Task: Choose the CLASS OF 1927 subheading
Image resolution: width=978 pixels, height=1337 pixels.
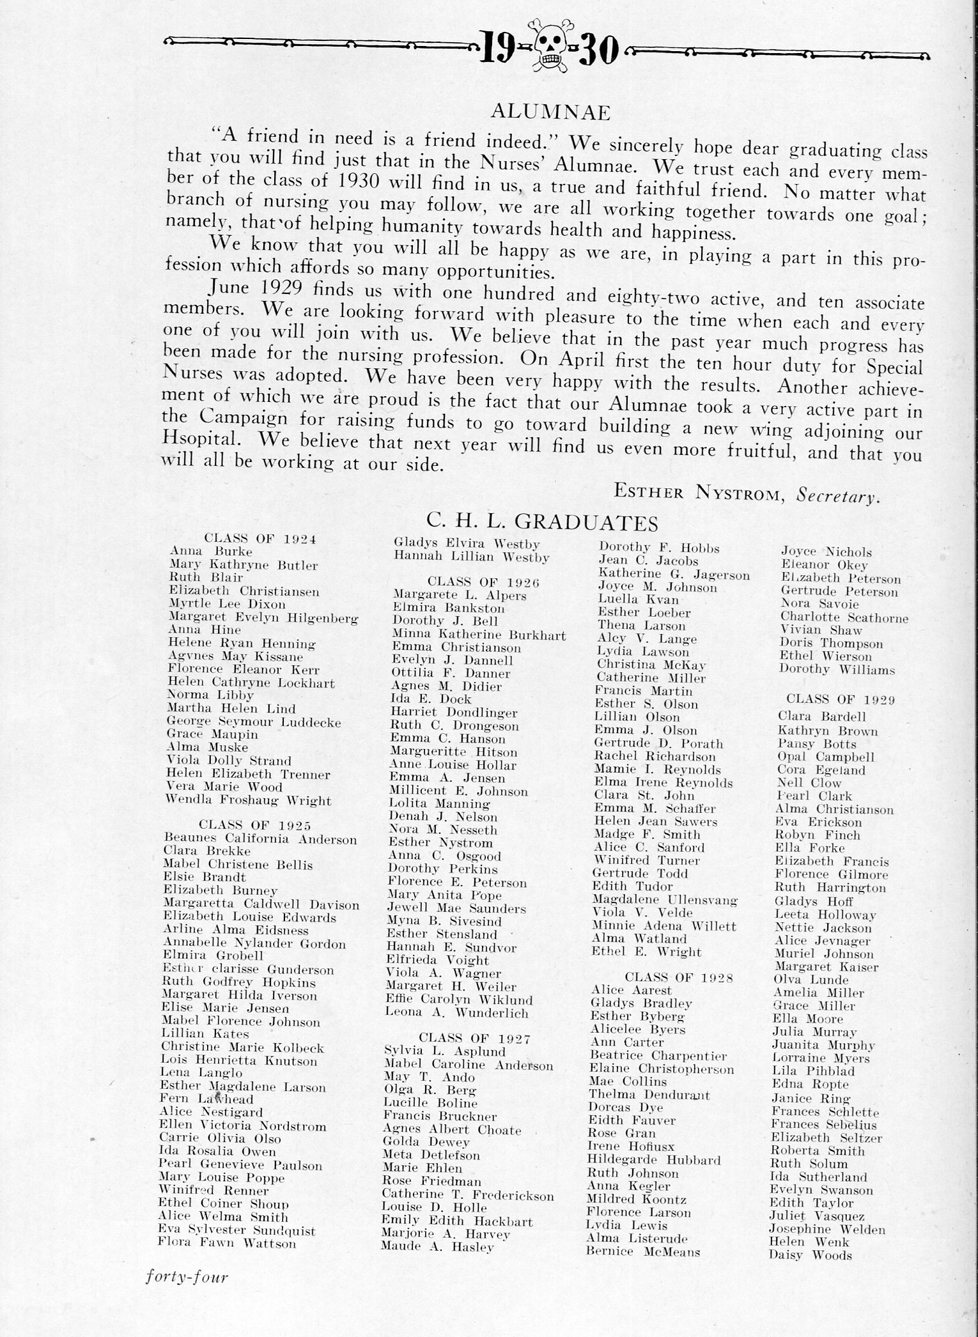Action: (474, 1038)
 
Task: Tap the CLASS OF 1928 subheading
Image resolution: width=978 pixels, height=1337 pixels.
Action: (679, 977)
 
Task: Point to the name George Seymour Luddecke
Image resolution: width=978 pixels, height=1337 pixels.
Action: (254, 723)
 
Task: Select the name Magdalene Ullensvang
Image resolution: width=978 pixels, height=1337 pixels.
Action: (665, 900)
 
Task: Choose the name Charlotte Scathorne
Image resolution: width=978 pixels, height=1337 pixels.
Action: (844, 618)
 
